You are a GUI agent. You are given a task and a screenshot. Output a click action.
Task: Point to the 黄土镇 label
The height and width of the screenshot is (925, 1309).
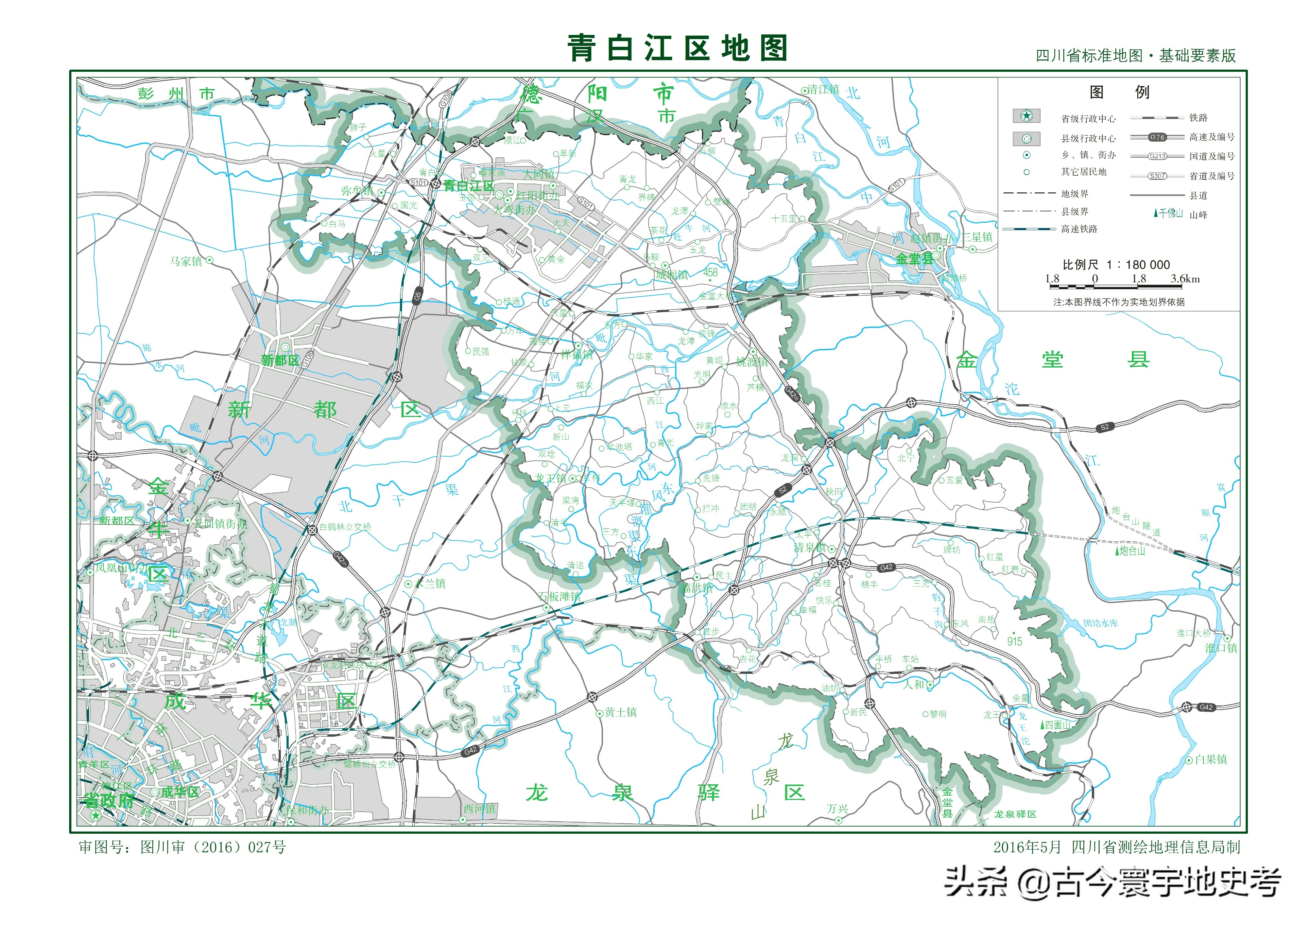(621, 712)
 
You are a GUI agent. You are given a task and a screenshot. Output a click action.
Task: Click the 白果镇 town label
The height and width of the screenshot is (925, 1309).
(1211, 760)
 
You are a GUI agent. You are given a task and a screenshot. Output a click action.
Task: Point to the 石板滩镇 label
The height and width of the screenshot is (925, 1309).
(559, 597)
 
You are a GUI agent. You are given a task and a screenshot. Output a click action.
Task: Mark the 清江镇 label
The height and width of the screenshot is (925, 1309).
(823, 89)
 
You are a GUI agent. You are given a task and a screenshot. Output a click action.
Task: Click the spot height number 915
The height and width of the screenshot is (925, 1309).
(1014, 642)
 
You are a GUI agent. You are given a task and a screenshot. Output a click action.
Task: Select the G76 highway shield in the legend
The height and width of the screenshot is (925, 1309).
(1157, 137)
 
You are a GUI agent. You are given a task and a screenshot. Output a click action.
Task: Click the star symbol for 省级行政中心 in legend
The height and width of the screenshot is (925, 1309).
(1026, 116)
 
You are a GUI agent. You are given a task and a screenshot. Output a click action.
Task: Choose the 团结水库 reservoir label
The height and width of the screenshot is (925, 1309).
(1100, 624)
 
